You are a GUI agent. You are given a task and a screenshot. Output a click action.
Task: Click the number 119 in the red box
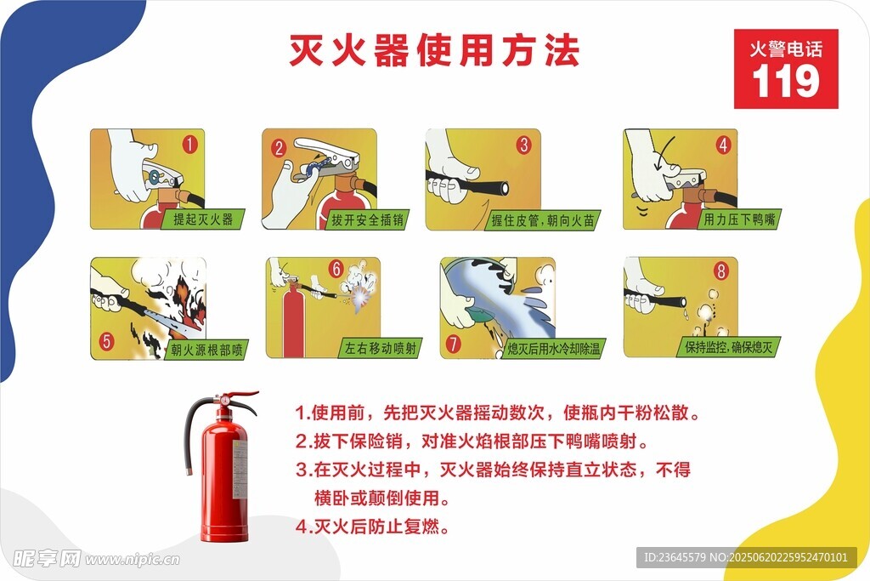pos(786,81)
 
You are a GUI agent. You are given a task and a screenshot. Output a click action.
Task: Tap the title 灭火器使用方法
pos(434,50)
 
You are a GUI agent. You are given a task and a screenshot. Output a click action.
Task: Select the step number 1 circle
pos(189,145)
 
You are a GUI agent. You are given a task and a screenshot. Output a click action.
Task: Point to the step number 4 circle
pos(723,145)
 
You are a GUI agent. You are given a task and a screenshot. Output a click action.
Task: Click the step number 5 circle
pos(106,341)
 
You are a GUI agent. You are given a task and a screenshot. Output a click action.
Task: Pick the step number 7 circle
pos(454,344)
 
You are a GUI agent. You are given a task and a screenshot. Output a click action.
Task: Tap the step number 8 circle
pos(720,271)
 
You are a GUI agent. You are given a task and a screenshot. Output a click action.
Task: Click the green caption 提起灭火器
pos(203,219)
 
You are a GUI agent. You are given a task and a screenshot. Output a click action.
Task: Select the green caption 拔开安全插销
pos(367,220)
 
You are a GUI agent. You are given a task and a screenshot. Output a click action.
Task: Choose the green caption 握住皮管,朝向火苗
pos(543,220)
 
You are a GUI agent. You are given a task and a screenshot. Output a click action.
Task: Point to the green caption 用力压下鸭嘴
pos(740,219)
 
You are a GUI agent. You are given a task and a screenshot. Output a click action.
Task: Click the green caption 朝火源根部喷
pos(206,350)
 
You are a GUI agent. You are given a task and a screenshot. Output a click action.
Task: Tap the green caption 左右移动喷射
pos(381,348)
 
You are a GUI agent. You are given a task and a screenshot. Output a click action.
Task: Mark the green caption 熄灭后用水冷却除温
pos(554,349)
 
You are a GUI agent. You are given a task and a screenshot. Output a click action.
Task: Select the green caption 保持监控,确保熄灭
pos(728,347)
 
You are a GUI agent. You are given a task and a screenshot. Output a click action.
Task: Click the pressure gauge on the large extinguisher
pos(224,399)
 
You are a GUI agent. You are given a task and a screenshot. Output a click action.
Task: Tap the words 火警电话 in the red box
pos(786,48)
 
